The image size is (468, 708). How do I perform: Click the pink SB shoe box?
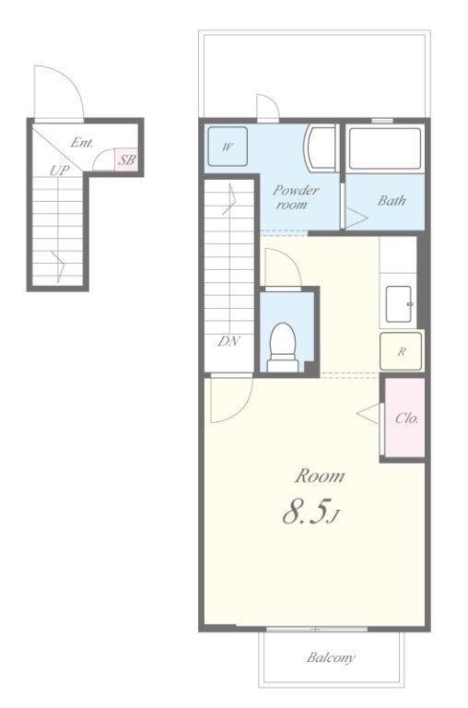pyautogui.click(x=126, y=159)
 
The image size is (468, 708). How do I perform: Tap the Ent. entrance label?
pyautogui.click(x=82, y=143)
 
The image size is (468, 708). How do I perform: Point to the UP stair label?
pyautogui.click(x=60, y=171)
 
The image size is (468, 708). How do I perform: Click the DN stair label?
pyautogui.click(x=229, y=341)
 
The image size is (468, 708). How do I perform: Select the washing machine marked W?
pyautogui.click(x=228, y=147)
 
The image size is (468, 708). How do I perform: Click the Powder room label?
pyautogui.click(x=295, y=197)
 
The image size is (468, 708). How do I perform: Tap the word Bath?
pyautogui.click(x=392, y=200)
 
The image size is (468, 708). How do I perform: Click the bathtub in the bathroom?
pyautogui.click(x=385, y=149)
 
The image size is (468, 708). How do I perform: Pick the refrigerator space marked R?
pyautogui.click(x=401, y=351)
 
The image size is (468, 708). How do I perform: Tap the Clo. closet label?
pyautogui.click(x=406, y=419)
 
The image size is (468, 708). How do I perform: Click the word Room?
pyautogui.click(x=320, y=476)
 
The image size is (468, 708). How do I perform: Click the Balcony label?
pyautogui.click(x=331, y=657)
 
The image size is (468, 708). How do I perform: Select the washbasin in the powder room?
pyautogui.click(x=320, y=148)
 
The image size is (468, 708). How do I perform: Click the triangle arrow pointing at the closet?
pyautogui.click(x=368, y=414)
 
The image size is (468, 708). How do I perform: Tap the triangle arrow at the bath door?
pyautogui.click(x=357, y=218)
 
